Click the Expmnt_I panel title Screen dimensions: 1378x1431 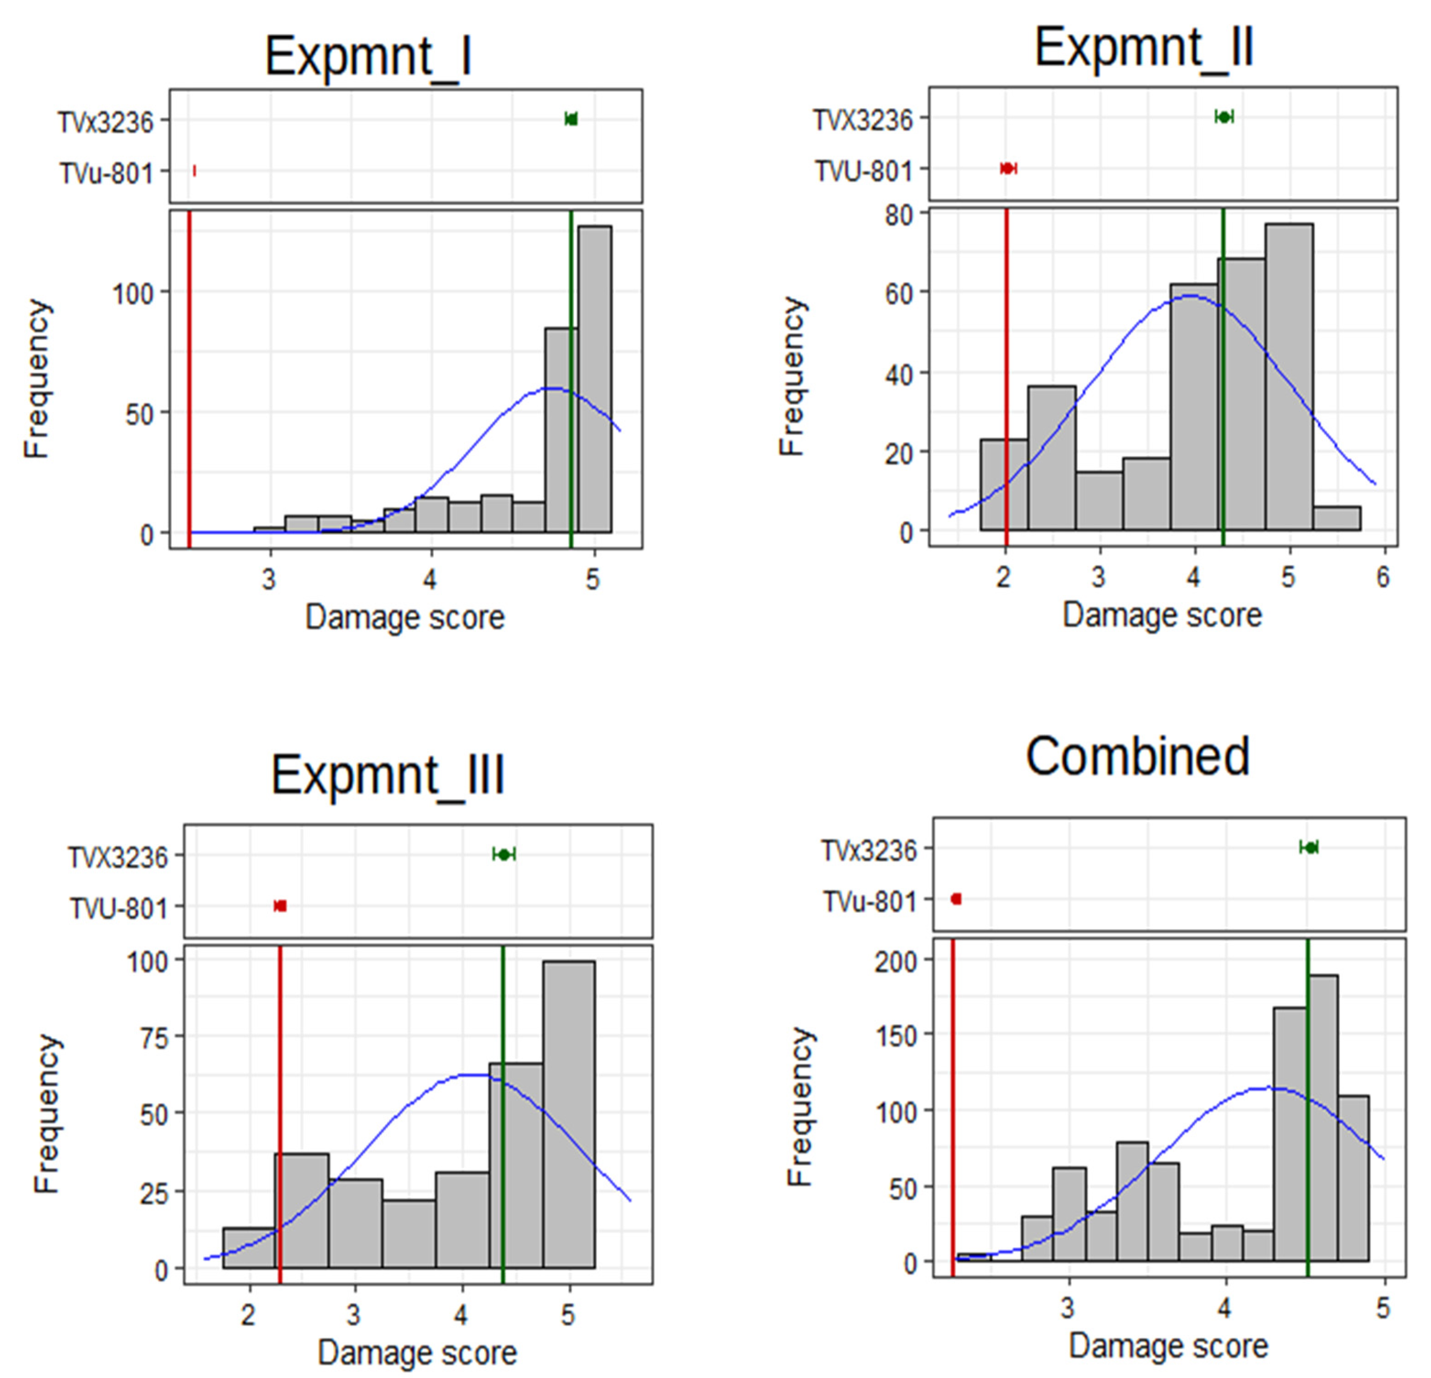click(368, 56)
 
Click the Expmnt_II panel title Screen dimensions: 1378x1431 click(1143, 49)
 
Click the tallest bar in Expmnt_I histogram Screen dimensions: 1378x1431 click(594, 379)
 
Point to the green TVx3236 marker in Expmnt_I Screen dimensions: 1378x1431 click(571, 119)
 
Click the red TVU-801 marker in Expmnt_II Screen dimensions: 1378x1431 click(1007, 168)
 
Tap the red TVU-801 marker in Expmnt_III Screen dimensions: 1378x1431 click(280, 906)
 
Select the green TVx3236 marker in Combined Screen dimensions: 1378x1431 click(1310, 848)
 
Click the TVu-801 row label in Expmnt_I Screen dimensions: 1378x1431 click(107, 174)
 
